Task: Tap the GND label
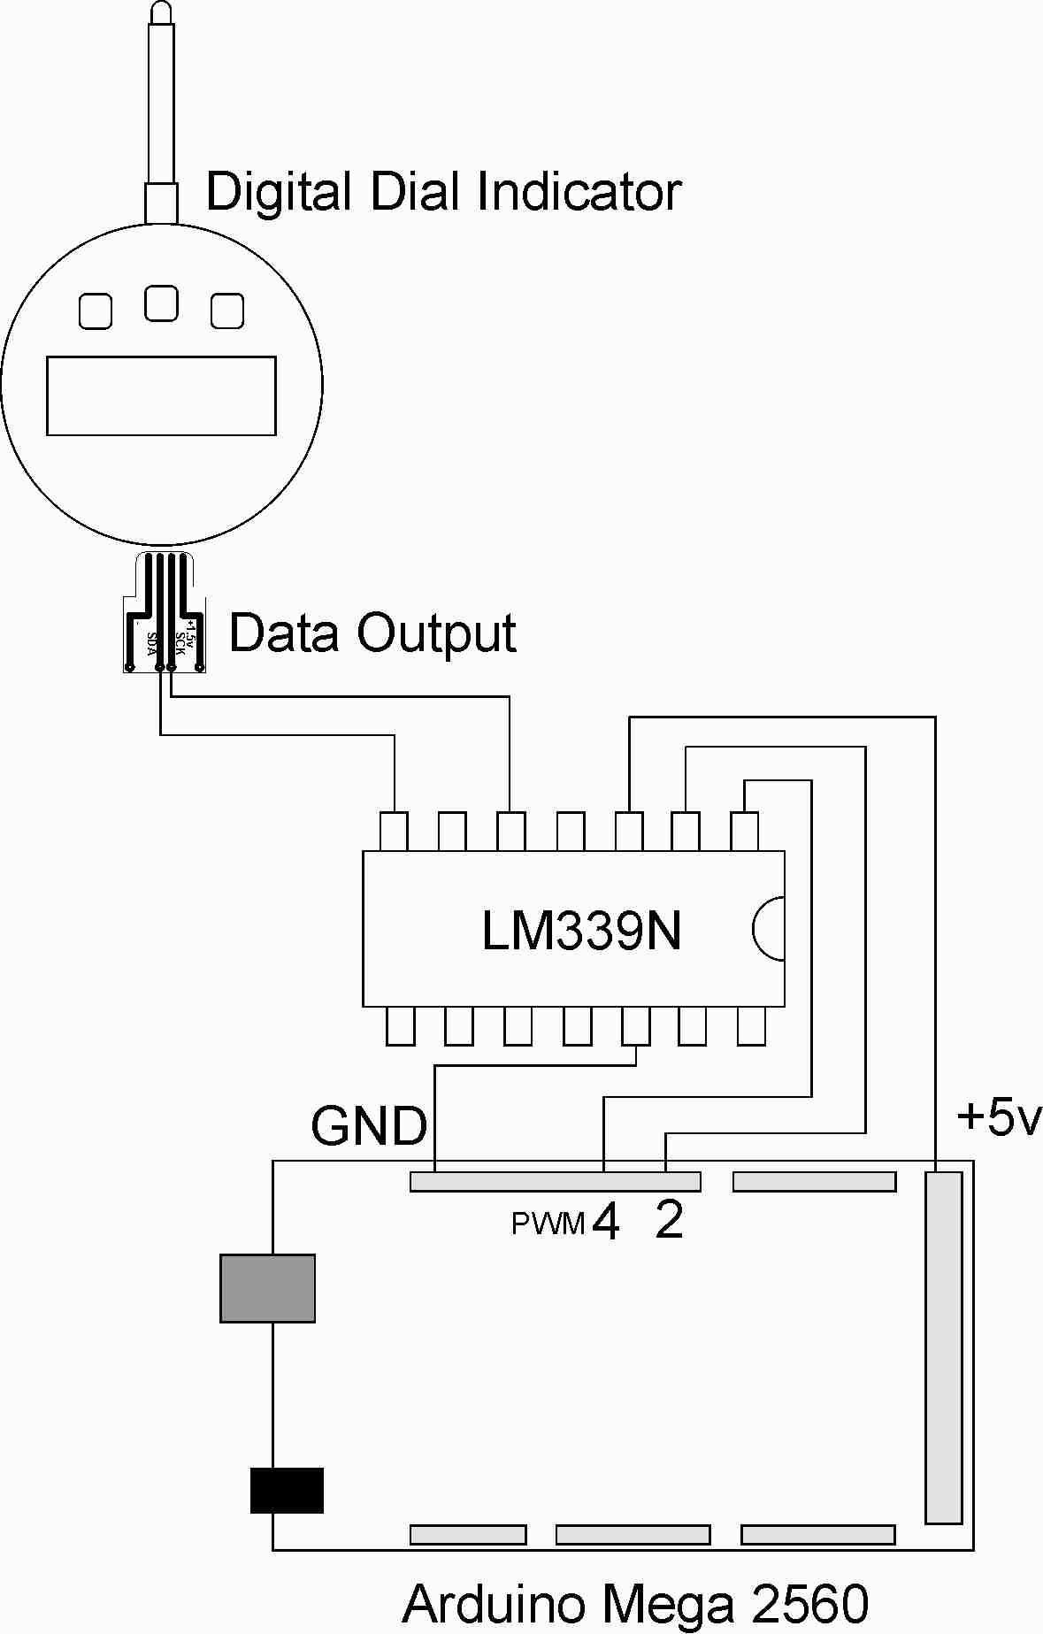[369, 1126]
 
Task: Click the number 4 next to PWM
[606, 1222]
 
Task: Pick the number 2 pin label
[670, 1222]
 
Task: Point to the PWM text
[548, 1224]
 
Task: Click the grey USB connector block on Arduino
[267, 1288]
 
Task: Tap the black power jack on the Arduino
[287, 1490]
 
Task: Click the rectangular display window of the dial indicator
[161, 395]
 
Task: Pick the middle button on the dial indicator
[161, 303]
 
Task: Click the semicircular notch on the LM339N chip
[768, 929]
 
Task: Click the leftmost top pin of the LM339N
[394, 832]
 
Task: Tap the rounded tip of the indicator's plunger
[162, 12]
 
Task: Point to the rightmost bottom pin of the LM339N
[751, 1026]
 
